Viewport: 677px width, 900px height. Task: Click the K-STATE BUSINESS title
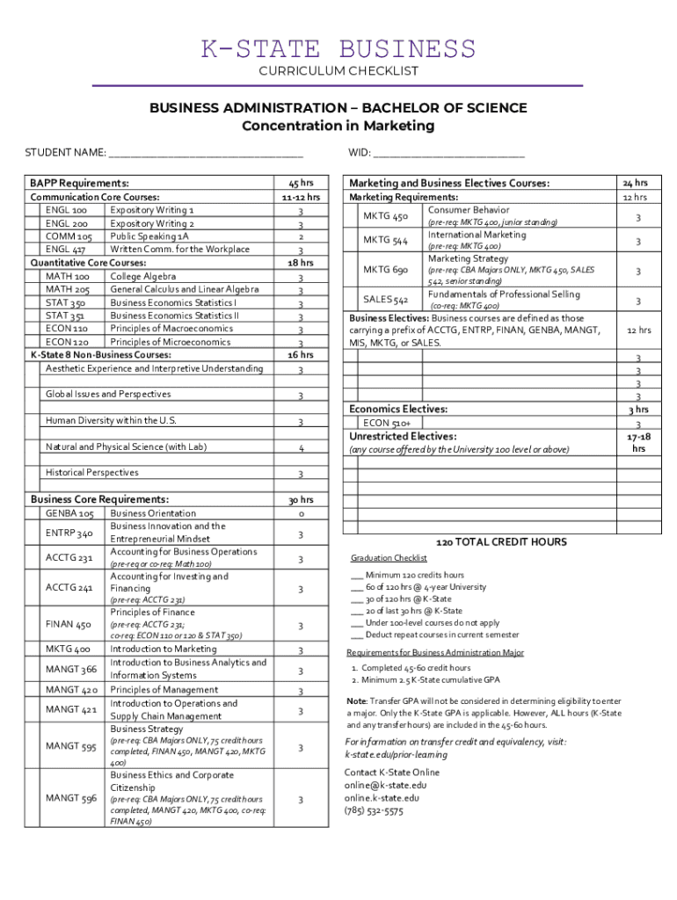coord(338,48)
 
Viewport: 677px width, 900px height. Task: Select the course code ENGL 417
coord(66,250)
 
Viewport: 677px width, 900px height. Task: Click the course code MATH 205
coord(68,289)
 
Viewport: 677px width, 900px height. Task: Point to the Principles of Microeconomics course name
coord(172,342)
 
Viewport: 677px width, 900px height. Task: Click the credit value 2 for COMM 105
coord(301,236)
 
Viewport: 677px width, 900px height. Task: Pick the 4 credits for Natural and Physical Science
coord(301,448)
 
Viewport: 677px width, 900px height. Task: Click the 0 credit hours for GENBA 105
coord(301,513)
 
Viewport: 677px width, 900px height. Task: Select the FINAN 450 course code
coord(69,625)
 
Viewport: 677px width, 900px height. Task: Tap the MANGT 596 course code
coord(71,798)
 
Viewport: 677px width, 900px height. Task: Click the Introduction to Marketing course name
coord(164,650)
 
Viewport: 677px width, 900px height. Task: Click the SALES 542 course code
coord(385,300)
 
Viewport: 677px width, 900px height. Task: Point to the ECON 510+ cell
coord(386,423)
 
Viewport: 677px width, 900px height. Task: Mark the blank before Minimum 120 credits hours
coord(356,575)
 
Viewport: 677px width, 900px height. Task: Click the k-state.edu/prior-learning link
coord(396,754)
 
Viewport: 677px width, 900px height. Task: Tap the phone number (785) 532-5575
coord(374,811)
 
